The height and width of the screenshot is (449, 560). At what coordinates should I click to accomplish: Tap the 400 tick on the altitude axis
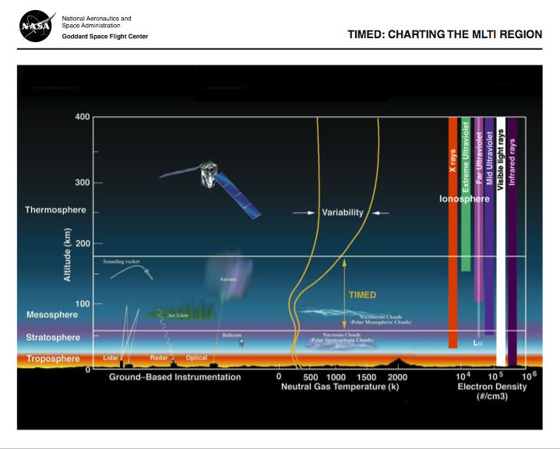[82, 117]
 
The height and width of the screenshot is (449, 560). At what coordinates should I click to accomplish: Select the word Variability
[343, 212]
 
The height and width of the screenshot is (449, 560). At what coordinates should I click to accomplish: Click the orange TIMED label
[362, 295]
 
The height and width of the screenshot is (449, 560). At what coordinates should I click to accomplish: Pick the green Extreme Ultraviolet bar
[466, 195]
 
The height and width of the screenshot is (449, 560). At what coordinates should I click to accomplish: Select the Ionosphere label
[464, 199]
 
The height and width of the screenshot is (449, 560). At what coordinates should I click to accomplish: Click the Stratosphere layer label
[52, 338]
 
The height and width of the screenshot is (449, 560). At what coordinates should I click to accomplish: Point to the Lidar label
[111, 358]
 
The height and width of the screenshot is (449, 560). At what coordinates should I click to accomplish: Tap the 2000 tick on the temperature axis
[397, 377]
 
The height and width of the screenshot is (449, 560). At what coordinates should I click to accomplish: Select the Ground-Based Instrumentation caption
[174, 377]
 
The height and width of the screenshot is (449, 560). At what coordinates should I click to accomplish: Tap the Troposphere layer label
[52, 359]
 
